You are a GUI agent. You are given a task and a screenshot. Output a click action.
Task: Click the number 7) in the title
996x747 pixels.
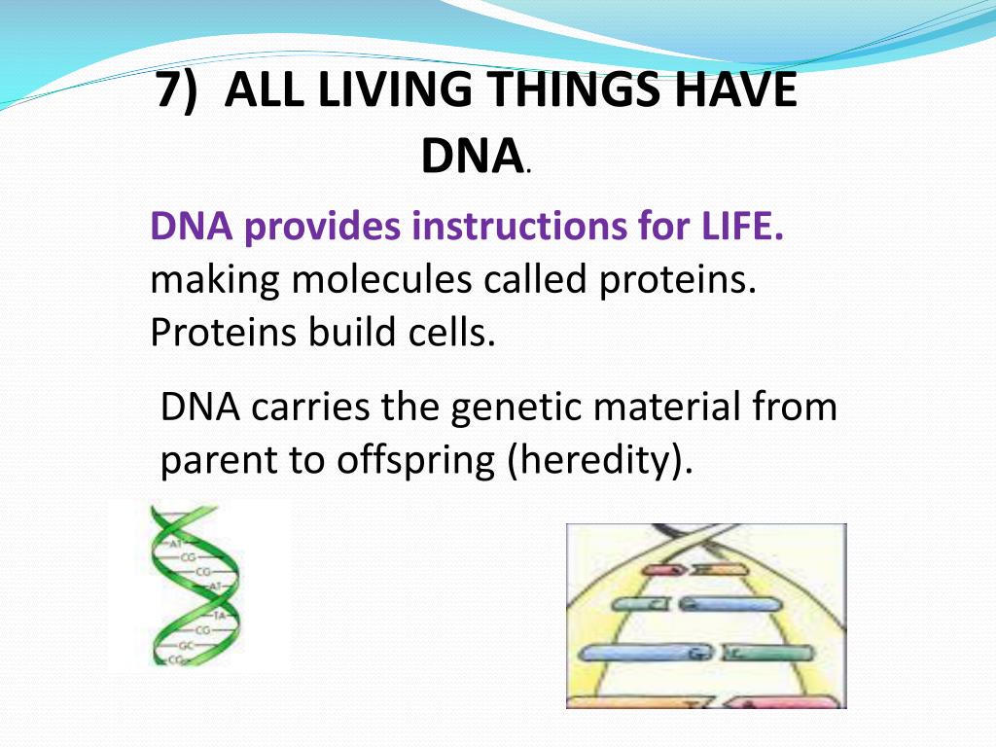pyautogui.click(x=180, y=92)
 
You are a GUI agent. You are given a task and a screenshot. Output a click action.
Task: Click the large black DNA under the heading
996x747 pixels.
pyautogui.click(x=471, y=156)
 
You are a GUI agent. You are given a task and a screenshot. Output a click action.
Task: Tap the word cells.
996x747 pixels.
pyautogui.click(x=448, y=333)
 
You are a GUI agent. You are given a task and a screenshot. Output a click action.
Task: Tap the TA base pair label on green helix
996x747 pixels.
pyautogui.click(x=219, y=616)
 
